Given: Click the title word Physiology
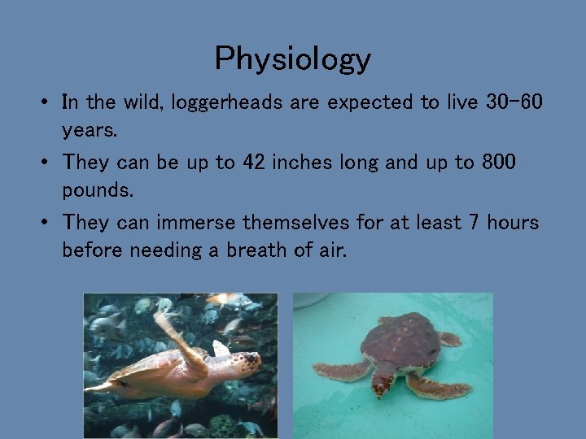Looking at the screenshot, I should (293, 59).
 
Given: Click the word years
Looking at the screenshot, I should (90, 129).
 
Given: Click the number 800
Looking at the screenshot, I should (497, 162).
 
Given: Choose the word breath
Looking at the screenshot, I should (255, 249).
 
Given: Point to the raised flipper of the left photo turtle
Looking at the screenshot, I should (171, 329).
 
